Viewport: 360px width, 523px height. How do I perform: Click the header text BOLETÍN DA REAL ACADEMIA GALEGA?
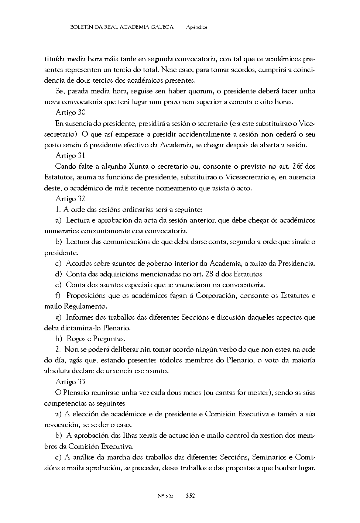click(121, 27)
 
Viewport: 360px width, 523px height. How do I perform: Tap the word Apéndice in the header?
click(197, 27)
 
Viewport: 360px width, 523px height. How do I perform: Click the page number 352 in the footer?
click(191, 496)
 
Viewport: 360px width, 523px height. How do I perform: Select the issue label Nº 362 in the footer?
click(165, 496)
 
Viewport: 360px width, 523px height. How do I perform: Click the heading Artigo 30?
click(71, 113)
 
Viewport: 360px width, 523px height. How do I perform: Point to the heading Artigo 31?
click(71, 156)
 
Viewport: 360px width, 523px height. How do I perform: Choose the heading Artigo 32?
click(71, 199)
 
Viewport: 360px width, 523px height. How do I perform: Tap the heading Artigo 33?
click(71, 382)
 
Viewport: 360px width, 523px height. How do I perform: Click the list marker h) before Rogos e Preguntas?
click(59, 338)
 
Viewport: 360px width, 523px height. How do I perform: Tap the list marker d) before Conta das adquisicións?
click(58, 274)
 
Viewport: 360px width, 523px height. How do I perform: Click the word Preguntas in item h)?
click(109, 338)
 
